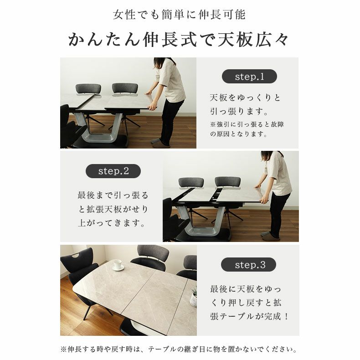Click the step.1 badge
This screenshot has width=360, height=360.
pos(249,77)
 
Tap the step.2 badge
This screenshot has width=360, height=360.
pos(113,171)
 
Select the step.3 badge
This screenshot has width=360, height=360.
pos(249,265)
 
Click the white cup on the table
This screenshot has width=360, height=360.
pos(118,265)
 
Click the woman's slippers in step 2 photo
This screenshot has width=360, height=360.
pos(269,236)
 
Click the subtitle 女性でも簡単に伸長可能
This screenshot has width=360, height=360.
pos(180,15)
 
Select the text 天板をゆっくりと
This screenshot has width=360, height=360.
pos(246,98)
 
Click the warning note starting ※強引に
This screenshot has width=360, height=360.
pos(247,129)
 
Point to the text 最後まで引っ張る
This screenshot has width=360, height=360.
pos(113,195)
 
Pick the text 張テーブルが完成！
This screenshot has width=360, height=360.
pos(249,316)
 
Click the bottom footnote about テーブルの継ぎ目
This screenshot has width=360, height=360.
pos(180,350)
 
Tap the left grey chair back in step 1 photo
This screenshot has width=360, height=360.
pos(87,89)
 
